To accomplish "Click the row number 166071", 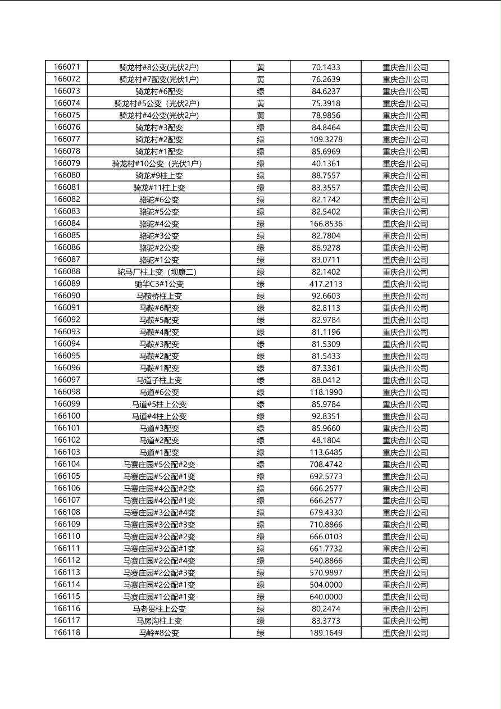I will click(67, 67).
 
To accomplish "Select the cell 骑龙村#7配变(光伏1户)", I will click(159, 79).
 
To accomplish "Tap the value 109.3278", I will click(326, 139).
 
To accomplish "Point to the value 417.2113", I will click(326, 284).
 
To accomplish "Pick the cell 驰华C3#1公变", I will click(159, 284).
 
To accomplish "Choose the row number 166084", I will click(67, 224).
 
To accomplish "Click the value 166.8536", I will click(326, 224).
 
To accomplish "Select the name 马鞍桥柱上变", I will click(159, 296).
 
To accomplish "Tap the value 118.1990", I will click(326, 392).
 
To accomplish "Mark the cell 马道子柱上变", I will click(159, 380).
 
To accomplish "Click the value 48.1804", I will click(326, 440).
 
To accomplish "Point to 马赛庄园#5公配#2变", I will click(159, 465).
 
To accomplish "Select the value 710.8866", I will click(326, 525).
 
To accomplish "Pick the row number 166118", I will click(67, 633).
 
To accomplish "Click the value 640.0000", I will click(326, 597).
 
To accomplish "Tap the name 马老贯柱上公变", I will click(159, 608).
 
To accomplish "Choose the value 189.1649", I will click(326, 633).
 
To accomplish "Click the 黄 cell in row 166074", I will click(261, 103).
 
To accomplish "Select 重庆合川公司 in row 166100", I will click(405, 416).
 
